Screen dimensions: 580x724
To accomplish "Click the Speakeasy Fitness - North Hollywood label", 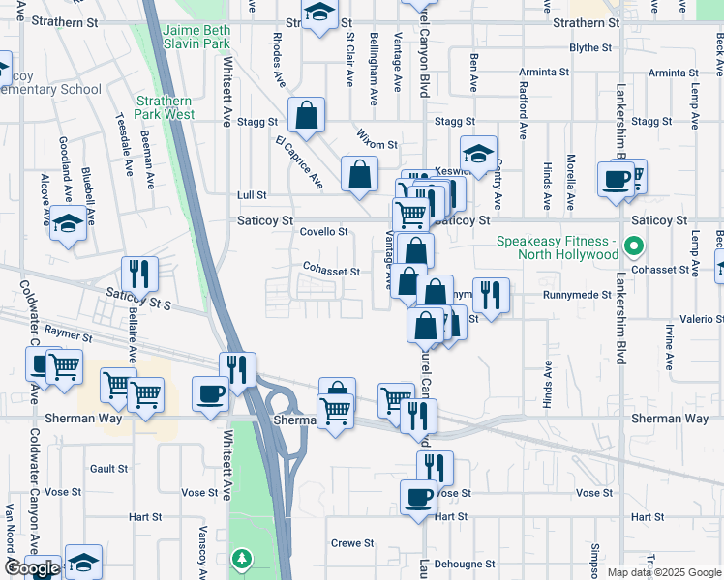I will pos(557,247).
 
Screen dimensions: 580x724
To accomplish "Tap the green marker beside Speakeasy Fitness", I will pos(634,247).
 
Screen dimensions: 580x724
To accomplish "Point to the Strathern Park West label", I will pos(165,107).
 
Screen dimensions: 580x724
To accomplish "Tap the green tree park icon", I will pos(240,558).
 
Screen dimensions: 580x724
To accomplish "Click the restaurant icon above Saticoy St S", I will pos(139,274).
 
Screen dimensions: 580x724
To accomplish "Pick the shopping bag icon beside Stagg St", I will pos(306,117).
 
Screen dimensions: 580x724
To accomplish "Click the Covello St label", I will pos(323,232).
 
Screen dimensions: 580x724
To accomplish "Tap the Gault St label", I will pos(108,469).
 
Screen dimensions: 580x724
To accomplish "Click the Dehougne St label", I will pos(464,564).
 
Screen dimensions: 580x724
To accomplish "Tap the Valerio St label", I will pos(702,318).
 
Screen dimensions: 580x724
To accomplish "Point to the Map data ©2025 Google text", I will pos(663,572).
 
